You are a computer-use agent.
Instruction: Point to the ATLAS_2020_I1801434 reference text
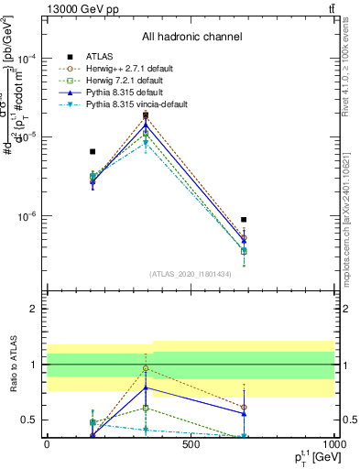tap(191, 274)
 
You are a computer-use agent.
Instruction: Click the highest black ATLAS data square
tap(146, 115)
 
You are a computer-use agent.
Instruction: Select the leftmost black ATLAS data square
tap(93, 151)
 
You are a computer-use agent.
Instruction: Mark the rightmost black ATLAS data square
tap(244, 220)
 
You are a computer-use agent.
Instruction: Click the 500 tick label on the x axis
tap(191, 446)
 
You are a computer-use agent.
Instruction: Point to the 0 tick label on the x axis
tap(47, 446)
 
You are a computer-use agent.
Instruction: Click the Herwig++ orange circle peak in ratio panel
tap(146, 368)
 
